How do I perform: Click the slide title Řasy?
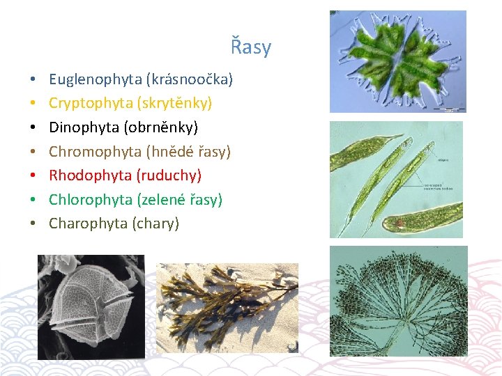click(251, 47)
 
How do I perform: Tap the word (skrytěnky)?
click(174, 103)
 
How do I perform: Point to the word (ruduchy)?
click(169, 175)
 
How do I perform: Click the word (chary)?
click(155, 224)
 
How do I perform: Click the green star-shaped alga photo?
click(397, 61)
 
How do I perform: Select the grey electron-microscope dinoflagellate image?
click(91, 306)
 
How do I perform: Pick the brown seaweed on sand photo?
click(227, 307)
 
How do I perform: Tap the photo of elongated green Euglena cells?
click(396, 179)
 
